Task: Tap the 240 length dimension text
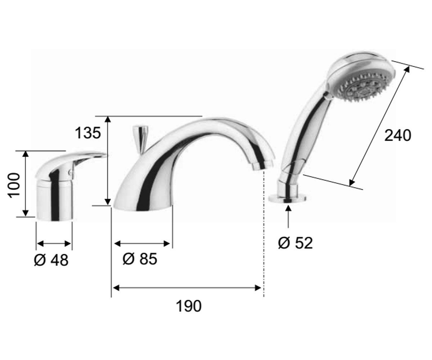point(398,135)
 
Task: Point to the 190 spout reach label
point(189,306)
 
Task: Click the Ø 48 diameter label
point(51,260)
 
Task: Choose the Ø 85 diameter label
point(140,258)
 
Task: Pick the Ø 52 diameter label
point(296,243)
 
